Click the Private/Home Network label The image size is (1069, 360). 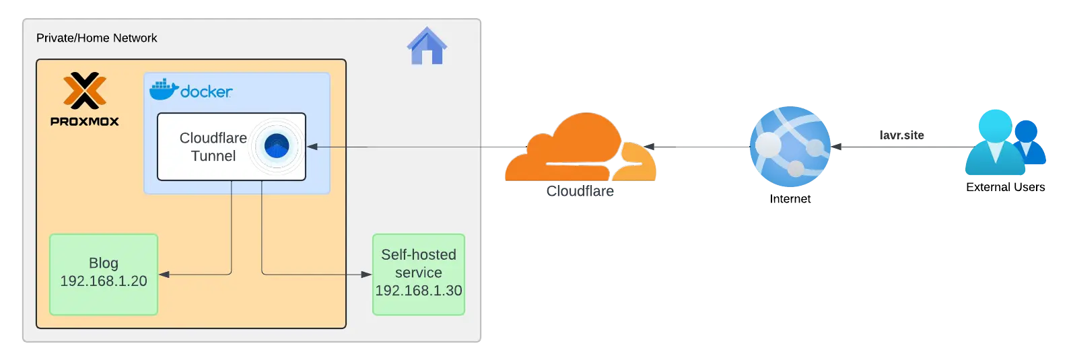(x=96, y=38)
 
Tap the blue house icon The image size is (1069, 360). (x=427, y=46)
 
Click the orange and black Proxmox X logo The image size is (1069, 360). (x=85, y=91)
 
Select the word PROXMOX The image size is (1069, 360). (x=85, y=122)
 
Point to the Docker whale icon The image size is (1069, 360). (x=163, y=89)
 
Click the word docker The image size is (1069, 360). (x=207, y=92)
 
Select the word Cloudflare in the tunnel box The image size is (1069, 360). (x=213, y=138)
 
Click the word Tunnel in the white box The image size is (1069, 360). (x=213, y=156)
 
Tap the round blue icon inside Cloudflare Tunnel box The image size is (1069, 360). (x=277, y=146)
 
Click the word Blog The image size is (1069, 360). (x=104, y=263)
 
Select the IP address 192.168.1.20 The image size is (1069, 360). (x=104, y=281)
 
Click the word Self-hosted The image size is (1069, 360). (x=418, y=255)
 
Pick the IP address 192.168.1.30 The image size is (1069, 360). (x=418, y=291)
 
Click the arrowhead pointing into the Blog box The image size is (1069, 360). (x=164, y=275)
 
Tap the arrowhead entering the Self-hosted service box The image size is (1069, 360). (x=367, y=275)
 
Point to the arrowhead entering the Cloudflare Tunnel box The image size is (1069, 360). (x=312, y=147)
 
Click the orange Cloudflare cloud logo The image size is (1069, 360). (x=579, y=149)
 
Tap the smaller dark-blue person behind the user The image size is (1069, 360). (x=1029, y=141)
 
